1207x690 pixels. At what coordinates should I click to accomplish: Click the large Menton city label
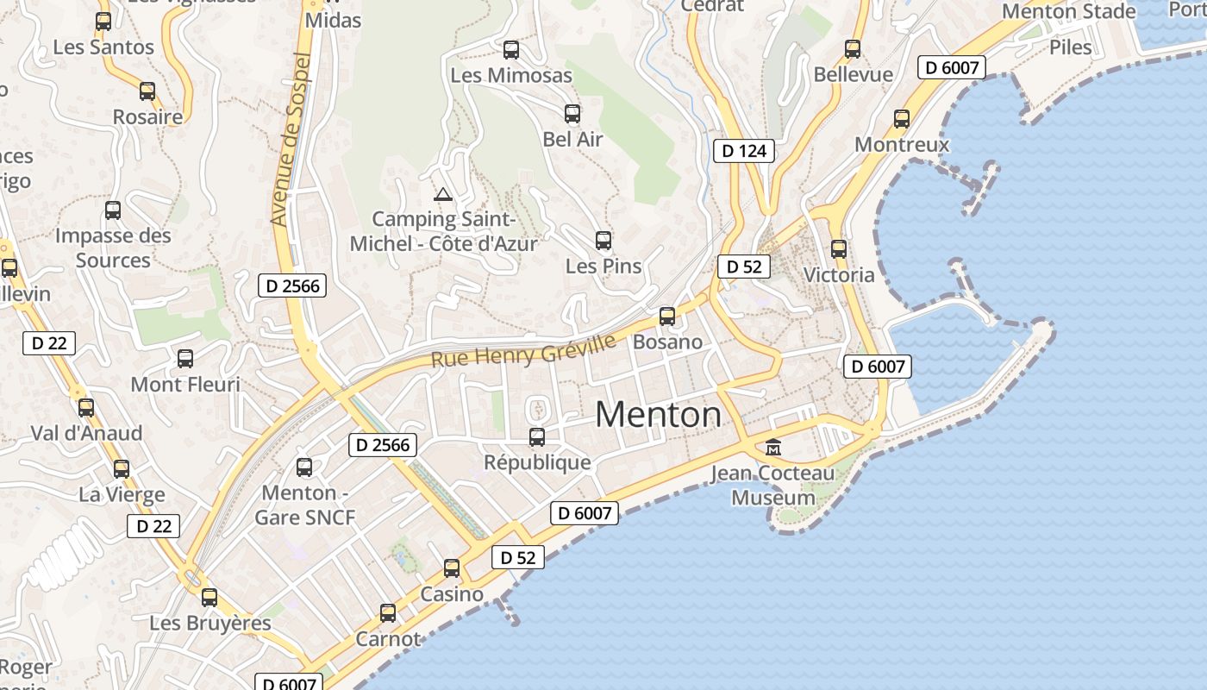659,415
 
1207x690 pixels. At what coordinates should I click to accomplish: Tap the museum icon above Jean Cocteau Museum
773,448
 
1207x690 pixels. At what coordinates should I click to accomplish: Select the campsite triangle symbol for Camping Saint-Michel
443,194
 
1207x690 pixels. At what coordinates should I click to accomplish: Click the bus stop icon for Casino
452,568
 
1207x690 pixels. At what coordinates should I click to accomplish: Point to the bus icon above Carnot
388,613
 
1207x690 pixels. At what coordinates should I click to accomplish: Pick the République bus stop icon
537,437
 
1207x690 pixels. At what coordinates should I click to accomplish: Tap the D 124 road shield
744,151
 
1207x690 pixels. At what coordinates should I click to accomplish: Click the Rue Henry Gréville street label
523,351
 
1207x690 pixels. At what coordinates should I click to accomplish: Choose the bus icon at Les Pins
603,241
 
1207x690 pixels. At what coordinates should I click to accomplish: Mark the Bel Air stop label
572,139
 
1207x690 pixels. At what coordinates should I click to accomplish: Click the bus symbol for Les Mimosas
511,50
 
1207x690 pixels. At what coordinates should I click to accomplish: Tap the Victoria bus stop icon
839,249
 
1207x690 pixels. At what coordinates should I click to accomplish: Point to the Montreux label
902,144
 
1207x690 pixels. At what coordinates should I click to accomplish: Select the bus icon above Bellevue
853,49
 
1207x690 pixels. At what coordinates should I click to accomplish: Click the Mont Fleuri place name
185,384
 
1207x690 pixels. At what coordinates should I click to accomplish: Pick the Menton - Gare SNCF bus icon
304,467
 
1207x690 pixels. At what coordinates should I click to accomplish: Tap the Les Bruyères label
210,623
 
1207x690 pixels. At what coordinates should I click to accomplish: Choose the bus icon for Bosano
667,317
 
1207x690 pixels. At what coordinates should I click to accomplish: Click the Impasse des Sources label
113,248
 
